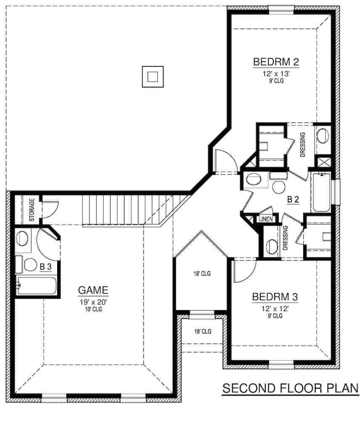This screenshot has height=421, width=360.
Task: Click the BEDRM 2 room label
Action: pos(276,62)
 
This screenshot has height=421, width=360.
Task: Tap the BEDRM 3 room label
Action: pos(275,297)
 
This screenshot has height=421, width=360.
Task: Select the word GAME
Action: pos(93,290)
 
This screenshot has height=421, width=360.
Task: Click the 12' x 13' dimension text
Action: pos(276,73)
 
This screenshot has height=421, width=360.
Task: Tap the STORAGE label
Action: pos(32,209)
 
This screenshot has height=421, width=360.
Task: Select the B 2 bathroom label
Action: pos(293,200)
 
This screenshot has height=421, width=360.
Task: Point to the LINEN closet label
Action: pos(266,219)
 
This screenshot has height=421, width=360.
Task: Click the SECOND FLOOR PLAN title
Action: pos(290,388)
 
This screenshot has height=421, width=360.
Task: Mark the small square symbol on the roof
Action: pos(153,77)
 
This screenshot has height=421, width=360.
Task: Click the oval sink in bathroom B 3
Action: pos(22,239)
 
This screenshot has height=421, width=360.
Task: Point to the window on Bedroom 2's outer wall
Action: pos(281,8)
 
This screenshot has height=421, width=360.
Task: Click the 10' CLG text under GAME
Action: pos(93,309)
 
